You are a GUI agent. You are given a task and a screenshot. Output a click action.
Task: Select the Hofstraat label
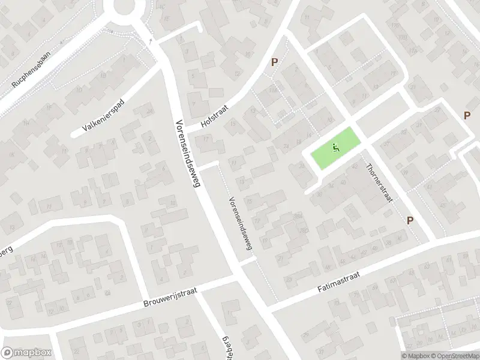tap(215, 114)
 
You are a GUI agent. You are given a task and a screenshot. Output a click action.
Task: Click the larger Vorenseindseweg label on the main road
tap(187, 154)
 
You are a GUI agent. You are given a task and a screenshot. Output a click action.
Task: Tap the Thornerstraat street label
tap(378, 182)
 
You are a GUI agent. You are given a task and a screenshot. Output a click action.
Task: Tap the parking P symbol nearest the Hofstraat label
tap(275, 62)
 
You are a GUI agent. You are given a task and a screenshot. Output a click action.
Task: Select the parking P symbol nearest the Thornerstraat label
tap(410, 220)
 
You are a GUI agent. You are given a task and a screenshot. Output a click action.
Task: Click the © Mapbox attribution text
tap(414, 356)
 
